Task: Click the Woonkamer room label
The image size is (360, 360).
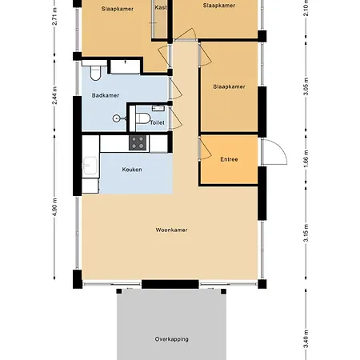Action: [172, 230]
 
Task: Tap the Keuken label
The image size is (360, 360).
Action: [133, 170]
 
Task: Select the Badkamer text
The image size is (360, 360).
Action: [106, 95]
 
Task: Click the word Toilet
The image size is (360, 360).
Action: [157, 122]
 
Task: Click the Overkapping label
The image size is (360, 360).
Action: [172, 339]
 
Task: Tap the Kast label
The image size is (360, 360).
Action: [162, 6]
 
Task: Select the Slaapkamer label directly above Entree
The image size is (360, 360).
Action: [229, 86]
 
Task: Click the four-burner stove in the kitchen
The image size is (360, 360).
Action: [138, 143]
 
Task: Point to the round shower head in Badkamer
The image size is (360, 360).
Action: [117, 118]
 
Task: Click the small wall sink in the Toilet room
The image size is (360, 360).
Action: [158, 109]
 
